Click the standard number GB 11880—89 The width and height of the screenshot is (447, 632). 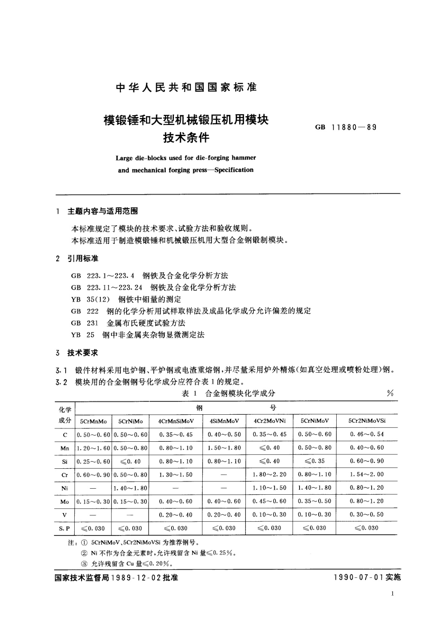click(x=346, y=127)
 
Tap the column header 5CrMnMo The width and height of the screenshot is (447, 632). click(x=93, y=421)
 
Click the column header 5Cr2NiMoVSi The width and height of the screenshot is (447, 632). click(x=367, y=421)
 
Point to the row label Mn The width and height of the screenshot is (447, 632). click(x=65, y=448)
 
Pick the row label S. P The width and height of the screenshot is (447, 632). click(x=65, y=528)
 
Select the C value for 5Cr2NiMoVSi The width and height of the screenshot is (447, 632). click(x=367, y=434)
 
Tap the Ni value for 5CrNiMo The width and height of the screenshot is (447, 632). click(x=130, y=488)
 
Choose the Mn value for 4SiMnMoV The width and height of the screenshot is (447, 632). click(x=224, y=448)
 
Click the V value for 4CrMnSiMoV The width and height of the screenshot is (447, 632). click(x=176, y=515)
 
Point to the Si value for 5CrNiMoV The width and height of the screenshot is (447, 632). click(x=315, y=461)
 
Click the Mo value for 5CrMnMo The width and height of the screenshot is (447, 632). click(x=93, y=501)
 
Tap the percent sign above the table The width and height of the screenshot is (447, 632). click(x=390, y=393)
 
